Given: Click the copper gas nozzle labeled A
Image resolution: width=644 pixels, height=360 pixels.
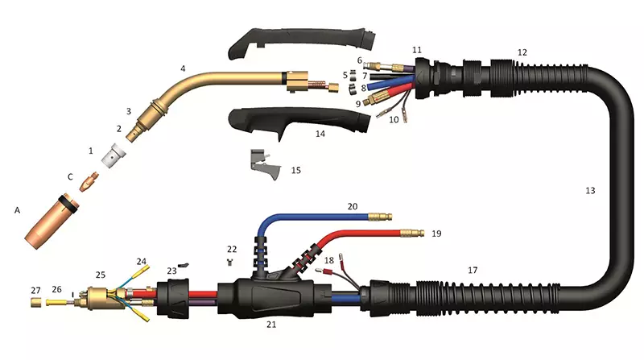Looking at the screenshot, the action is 52,221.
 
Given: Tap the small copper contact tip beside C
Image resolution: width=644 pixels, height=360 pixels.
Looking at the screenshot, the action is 89,182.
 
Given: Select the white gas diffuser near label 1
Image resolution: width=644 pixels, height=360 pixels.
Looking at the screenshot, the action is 114,156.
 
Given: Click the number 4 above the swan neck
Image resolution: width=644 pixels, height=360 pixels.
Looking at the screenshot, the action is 183,68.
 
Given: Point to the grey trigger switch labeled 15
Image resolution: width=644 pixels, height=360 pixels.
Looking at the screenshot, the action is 264,163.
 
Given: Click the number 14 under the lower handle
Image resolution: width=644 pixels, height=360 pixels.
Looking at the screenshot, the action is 320,134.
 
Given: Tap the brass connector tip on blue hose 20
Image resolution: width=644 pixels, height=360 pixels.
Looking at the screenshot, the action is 380,216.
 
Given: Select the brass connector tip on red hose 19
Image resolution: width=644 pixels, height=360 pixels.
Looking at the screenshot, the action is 412,233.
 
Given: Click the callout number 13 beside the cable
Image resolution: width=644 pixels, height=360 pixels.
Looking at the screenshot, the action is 590,190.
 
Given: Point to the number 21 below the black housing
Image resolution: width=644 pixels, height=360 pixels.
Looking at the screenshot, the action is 271,325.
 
